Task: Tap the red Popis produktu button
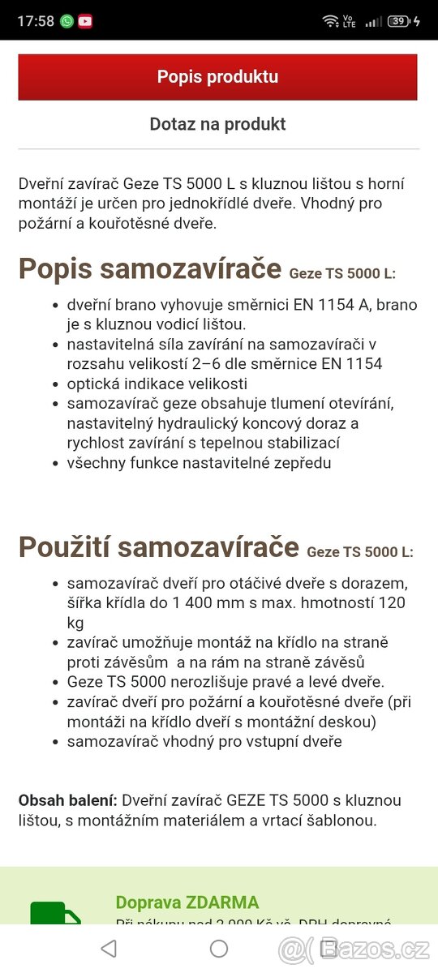point(217,77)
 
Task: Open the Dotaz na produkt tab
point(217,124)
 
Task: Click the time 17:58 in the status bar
point(35,21)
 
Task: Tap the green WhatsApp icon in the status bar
point(67,21)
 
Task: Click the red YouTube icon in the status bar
point(84,21)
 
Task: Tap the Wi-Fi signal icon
point(330,21)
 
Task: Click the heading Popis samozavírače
point(150,268)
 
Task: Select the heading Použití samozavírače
point(159,547)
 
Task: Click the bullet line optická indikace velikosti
point(157,384)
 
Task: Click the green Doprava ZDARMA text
point(187,902)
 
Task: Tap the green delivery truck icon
point(55,915)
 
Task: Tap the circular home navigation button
point(219,948)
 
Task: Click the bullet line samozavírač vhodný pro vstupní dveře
point(204,741)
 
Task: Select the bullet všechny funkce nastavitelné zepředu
point(200,463)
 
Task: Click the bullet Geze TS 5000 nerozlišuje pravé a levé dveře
point(225,682)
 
